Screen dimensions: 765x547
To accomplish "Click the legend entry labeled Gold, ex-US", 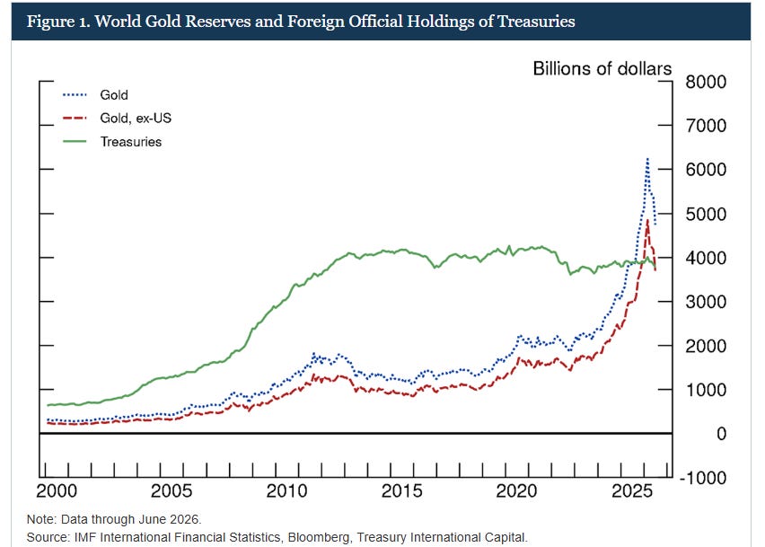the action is [136, 118].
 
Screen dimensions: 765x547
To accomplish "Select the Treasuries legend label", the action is [131, 142].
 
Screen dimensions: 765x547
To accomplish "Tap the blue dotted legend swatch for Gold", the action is [75, 94].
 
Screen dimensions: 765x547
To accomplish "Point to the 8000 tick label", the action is [706, 82].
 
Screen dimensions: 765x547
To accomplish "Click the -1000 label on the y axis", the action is [703, 478].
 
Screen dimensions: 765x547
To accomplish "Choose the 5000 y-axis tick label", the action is [706, 214].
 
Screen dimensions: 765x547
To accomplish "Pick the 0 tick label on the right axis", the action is [721, 434].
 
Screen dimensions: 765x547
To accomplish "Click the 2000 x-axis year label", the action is [57, 491].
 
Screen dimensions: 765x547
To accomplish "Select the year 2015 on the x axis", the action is [401, 491].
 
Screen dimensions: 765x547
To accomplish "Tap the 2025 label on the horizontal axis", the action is [632, 491].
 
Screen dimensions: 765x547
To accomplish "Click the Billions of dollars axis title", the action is [602, 69].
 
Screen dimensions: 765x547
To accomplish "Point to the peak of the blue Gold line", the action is [647, 159].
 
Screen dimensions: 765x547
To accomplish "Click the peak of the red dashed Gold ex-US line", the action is [647, 221].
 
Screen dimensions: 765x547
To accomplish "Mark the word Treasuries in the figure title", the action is [536, 22].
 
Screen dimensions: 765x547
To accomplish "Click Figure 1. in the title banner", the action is [58, 22].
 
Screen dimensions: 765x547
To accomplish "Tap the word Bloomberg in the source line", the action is [318, 537].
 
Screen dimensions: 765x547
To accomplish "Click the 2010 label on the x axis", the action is [286, 491].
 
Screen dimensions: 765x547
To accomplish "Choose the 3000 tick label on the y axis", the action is [706, 302].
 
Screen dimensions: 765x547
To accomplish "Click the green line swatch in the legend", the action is [75, 142].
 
